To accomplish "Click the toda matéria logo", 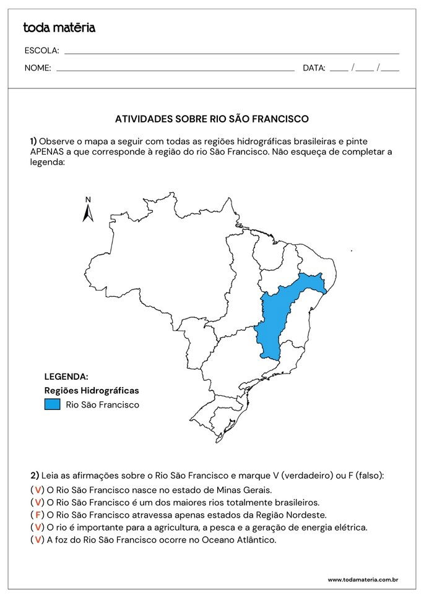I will pos(59,28).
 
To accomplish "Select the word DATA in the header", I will pos(314,69).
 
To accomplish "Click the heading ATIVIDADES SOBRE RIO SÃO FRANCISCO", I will pos(212,118).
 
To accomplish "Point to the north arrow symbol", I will pos(88,213).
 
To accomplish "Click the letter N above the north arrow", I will pos(88,200).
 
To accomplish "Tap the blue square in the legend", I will pos(53,404).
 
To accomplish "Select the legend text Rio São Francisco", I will pos(102,405).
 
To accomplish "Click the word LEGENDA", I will pos(66,377).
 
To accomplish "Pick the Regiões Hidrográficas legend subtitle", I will pos(92,390).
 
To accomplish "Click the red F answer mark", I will pos(38,515).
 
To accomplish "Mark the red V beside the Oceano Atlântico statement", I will pos(38,540).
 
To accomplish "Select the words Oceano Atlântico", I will pos(243,540).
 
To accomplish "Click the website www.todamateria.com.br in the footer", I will pos(362,580).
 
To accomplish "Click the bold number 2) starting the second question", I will pos(35,476).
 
